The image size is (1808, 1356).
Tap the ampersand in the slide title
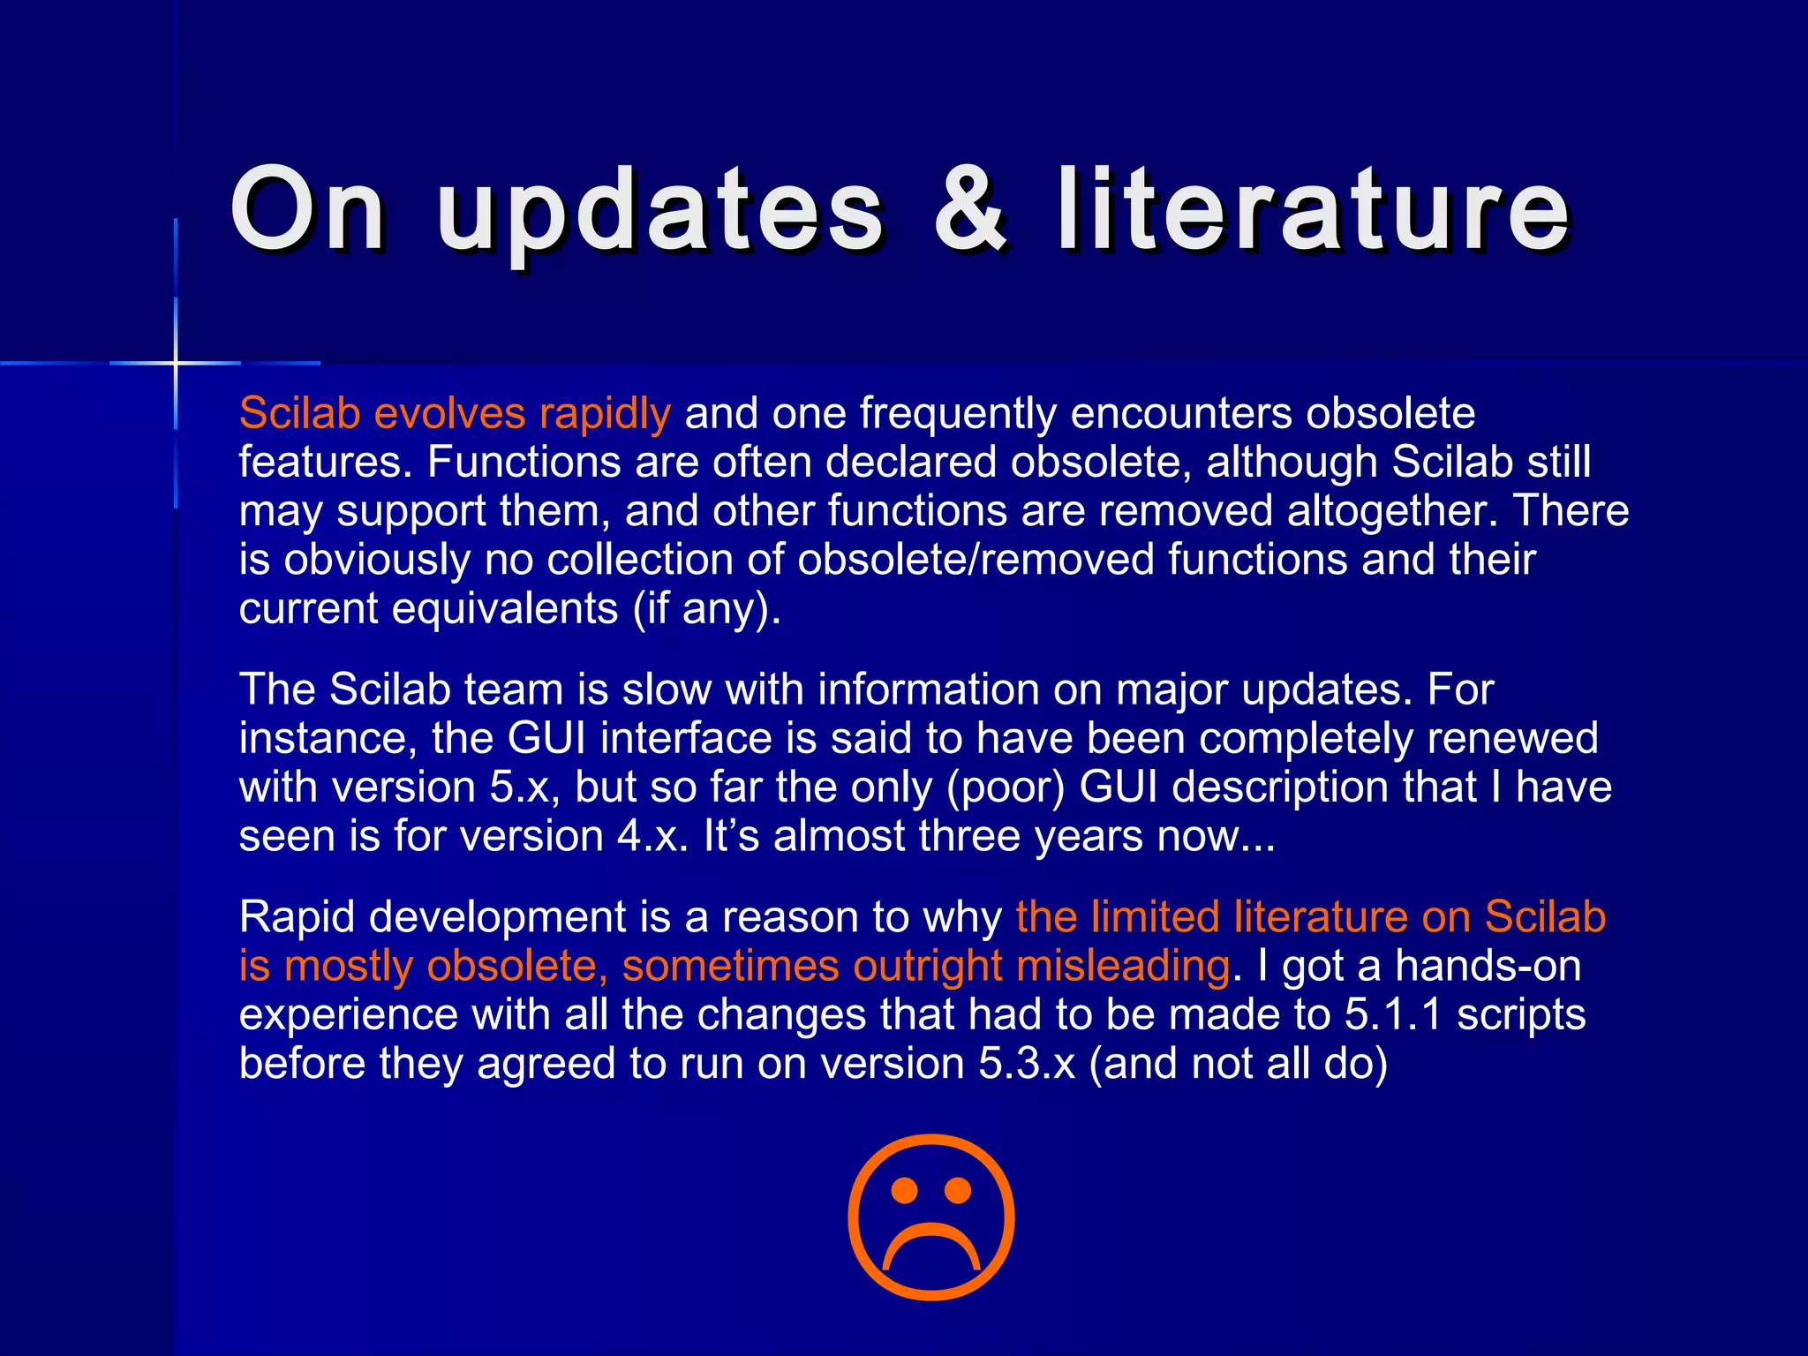[970, 210]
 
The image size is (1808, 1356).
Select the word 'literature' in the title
[1313, 210]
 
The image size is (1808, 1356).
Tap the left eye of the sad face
[904, 1192]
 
